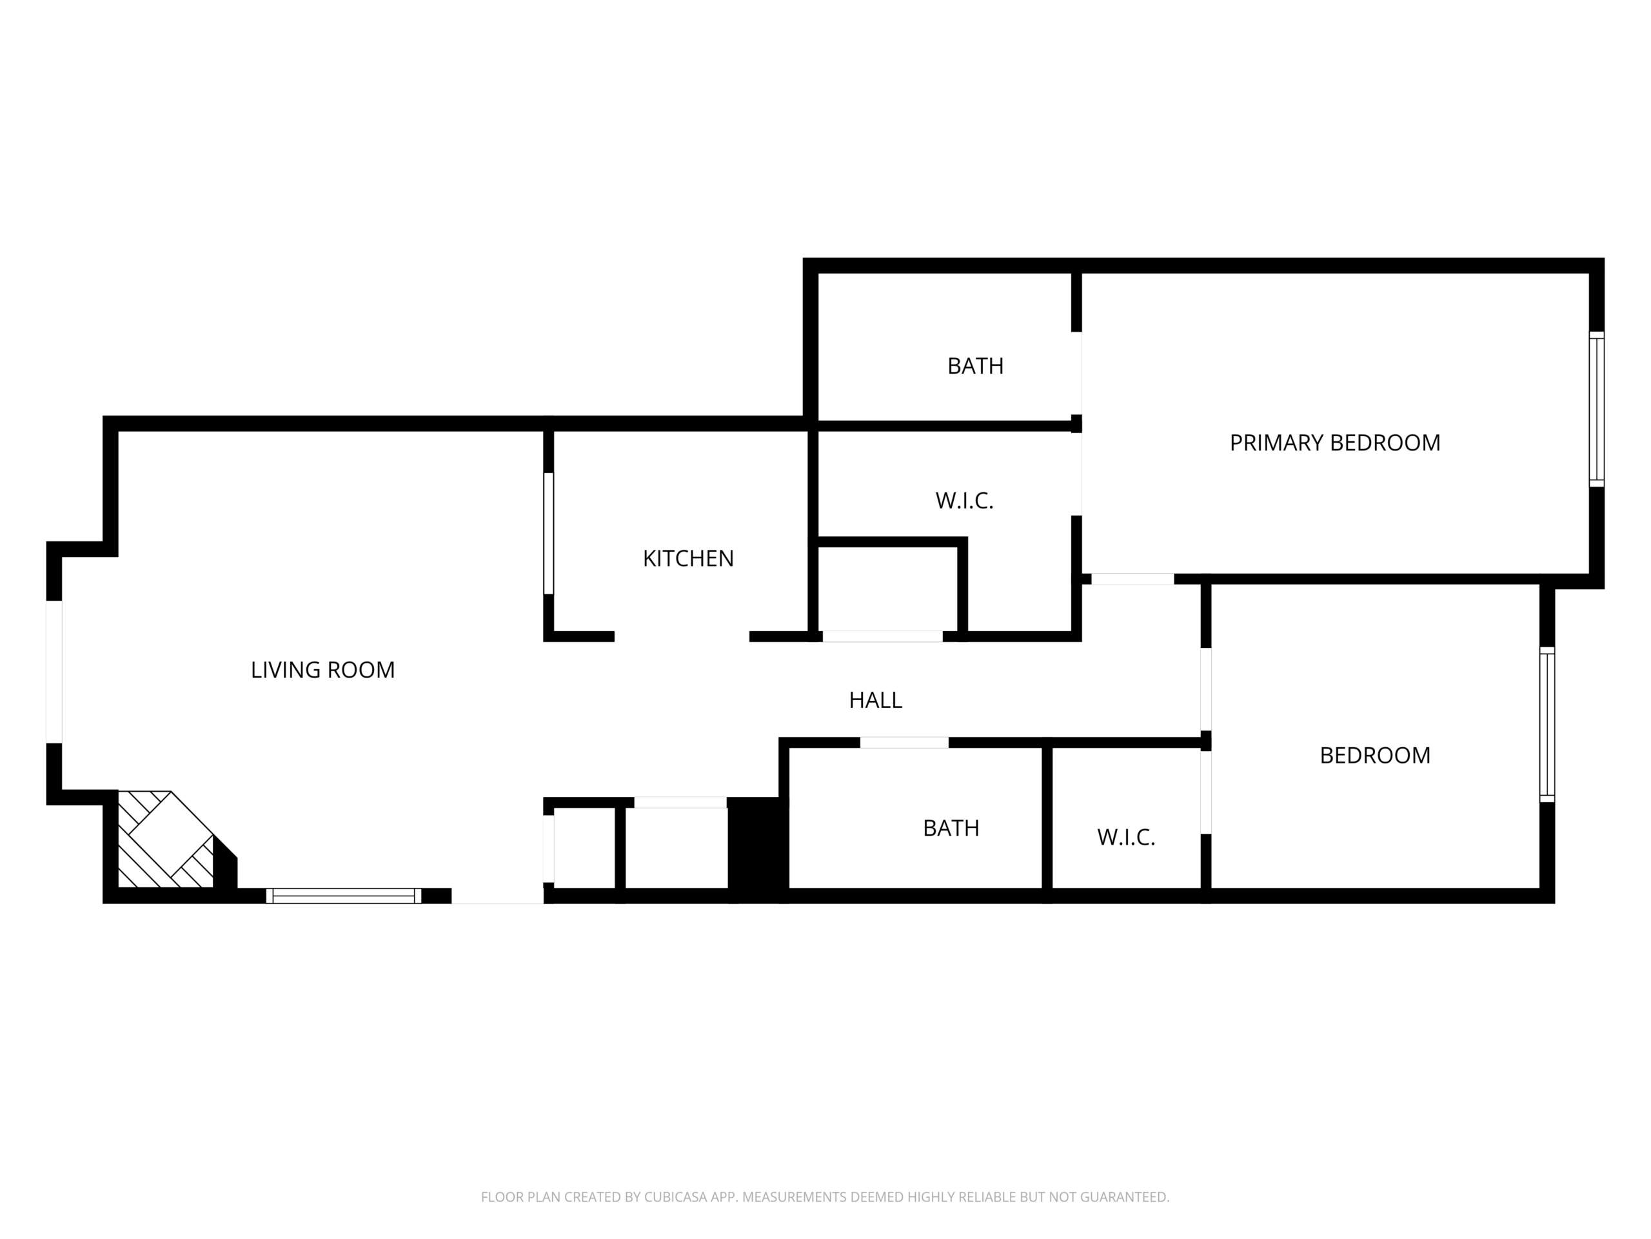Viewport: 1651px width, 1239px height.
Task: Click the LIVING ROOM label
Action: [322, 670]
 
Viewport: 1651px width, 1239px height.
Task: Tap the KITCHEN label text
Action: [688, 559]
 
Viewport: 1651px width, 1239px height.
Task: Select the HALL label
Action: [876, 700]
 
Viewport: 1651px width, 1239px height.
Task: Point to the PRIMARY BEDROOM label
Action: [1335, 443]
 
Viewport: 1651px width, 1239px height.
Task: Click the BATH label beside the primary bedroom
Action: [976, 366]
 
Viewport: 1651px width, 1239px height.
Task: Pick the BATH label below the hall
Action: [951, 827]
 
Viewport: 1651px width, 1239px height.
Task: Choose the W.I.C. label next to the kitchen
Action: [964, 500]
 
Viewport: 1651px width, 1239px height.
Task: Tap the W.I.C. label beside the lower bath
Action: [1126, 837]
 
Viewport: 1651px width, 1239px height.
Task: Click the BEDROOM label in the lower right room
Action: [1375, 755]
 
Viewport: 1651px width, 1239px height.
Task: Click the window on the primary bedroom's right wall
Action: [1597, 409]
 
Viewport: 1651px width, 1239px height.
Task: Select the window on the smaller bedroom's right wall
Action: [1547, 725]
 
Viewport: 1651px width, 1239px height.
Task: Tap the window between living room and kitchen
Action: [549, 533]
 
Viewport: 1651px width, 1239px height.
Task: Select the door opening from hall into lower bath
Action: [905, 742]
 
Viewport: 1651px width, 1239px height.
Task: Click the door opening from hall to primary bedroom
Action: [1132, 579]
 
